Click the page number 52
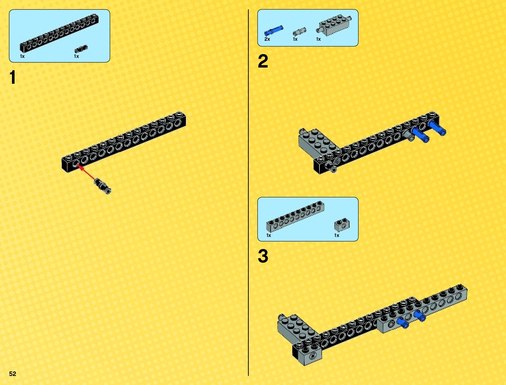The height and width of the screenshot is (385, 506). (x=13, y=373)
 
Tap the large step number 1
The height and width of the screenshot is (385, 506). (x=13, y=77)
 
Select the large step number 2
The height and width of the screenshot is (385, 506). (x=263, y=61)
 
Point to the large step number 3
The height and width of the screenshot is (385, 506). (x=263, y=256)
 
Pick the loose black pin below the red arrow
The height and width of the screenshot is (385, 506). (x=102, y=186)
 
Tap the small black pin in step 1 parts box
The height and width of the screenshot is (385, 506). (x=81, y=49)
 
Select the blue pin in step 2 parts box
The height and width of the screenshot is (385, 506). (x=274, y=31)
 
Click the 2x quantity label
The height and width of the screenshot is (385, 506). (x=267, y=39)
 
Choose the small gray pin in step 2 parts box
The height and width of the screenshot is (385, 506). (x=299, y=32)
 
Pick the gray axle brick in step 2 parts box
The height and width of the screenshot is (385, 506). (x=334, y=25)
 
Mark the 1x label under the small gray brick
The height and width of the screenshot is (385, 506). (x=337, y=235)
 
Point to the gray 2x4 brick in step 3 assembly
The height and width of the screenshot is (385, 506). (x=298, y=330)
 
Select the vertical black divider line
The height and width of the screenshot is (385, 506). (x=248, y=193)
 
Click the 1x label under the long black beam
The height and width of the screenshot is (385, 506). (x=22, y=56)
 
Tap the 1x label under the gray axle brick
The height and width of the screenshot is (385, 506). (x=318, y=39)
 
